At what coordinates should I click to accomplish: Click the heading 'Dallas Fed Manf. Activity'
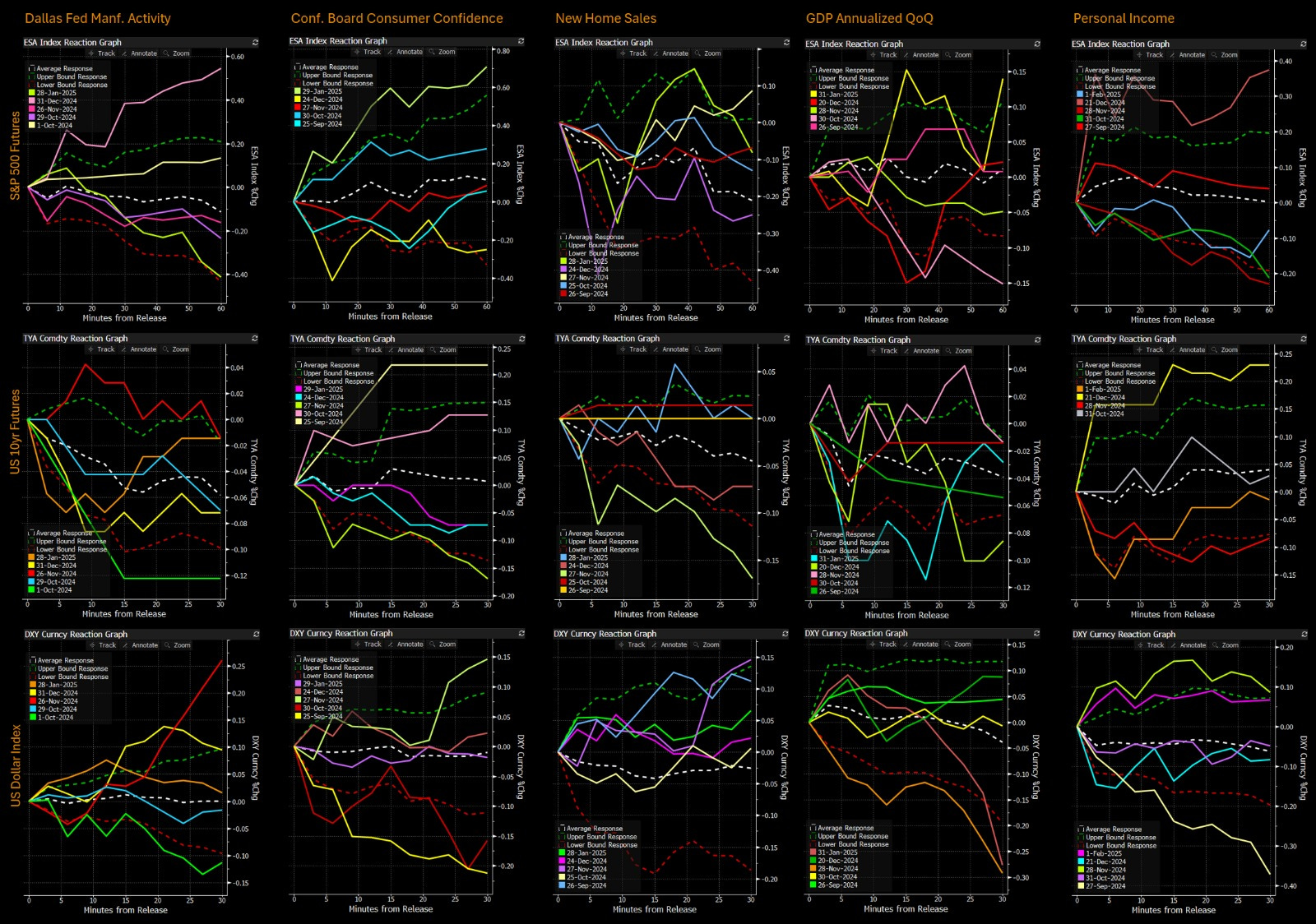pyautogui.click(x=98, y=18)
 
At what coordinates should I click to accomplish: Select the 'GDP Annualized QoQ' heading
pyautogui.click(x=869, y=18)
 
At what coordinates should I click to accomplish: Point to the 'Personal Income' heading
pyautogui.click(x=1124, y=18)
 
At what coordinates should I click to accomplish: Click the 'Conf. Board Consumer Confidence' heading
pyautogui.click(x=396, y=18)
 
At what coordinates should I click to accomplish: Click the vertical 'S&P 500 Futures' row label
pyautogui.click(x=15, y=156)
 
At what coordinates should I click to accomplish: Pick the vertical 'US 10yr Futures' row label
pyautogui.click(x=15, y=432)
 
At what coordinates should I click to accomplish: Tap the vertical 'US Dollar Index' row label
pyautogui.click(x=15, y=765)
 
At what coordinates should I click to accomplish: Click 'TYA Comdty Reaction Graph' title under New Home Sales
pyautogui.click(x=607, y=338)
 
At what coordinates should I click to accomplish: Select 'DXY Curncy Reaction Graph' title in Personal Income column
pyautogui.click(x=1124, y=634)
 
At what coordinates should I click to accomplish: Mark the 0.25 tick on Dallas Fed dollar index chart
pyautogui.click(x=237, y=667)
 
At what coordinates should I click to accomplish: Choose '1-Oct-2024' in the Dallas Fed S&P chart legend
pyautogui.click(x=56, y=125)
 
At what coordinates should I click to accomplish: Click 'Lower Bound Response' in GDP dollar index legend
pyautogui.click(x=853, y=844)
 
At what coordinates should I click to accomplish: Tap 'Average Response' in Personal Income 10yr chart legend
pyautogui.click(x=1112, y=365)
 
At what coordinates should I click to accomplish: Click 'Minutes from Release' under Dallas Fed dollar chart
pyautogui.click(x=125, y=910)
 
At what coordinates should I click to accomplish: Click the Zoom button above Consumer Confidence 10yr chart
pyautogui.click(x=447, y=349)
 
